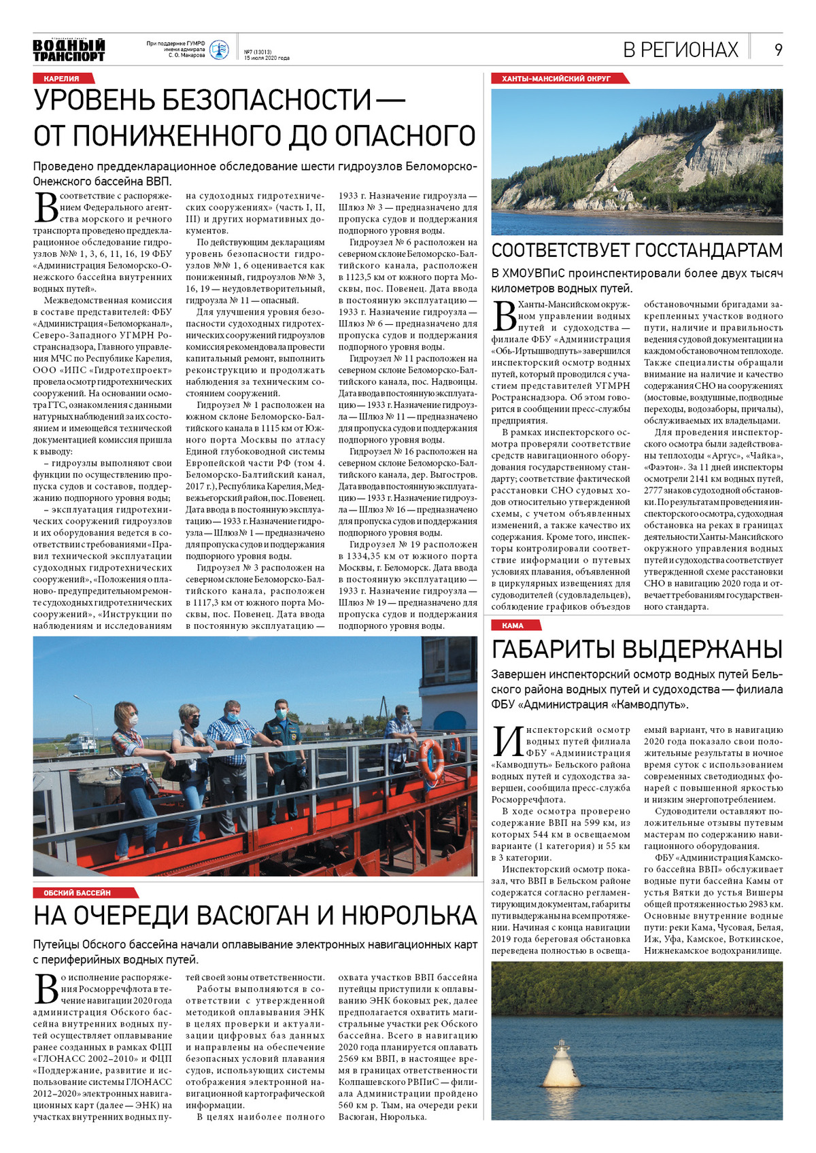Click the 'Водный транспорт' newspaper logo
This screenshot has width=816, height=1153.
click(69, 50)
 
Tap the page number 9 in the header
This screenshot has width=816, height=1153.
click(778, 50)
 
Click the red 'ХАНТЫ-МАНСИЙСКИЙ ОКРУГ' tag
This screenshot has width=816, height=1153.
click(556, 79)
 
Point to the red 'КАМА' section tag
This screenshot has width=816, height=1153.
click(513, 625)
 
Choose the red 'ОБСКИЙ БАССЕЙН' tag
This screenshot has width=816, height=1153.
click(77, 893)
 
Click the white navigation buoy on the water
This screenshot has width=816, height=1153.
click(562, 1066)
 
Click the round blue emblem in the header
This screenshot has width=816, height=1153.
click(219, 50)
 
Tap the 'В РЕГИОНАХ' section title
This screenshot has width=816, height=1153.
click(681, 50)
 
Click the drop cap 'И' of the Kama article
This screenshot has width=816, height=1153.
click(507, 742)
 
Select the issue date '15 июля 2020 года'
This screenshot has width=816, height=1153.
click(267, 58)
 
